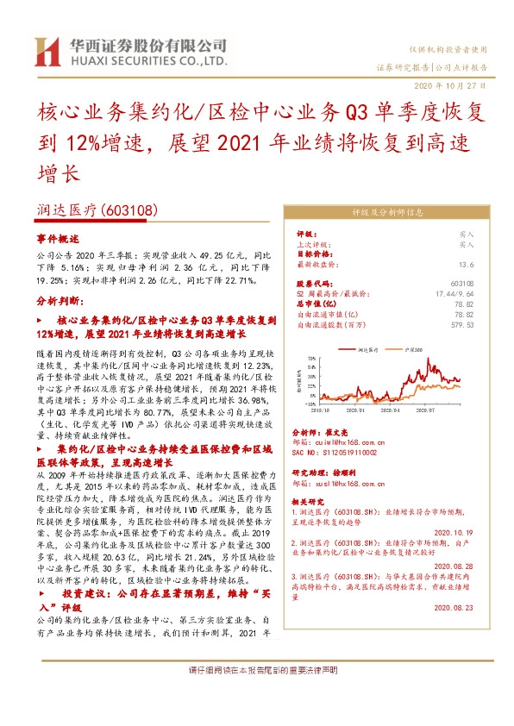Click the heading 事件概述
[x=58, y=238]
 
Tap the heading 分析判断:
[x=60, y=302]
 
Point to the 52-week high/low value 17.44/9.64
[x=455, y=293]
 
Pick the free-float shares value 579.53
[x=462, y=325]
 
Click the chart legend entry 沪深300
[x=413, y=350]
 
